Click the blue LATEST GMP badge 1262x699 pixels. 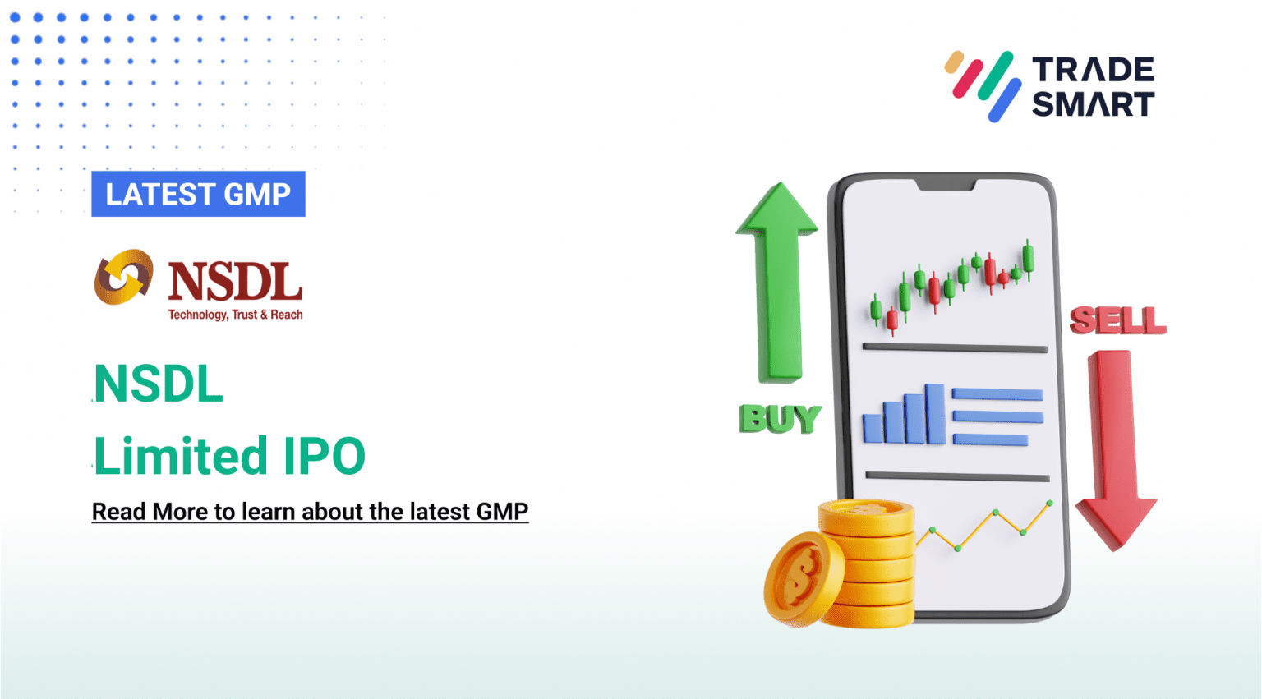pyautogui.click(x=198, y=194)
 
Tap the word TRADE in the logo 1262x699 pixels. pyautogui.click(x=1093, y=70)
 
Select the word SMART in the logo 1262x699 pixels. pyautogui.click(x=1093, y=105)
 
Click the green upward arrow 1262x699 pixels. pyautogui.click(x=777, y=279)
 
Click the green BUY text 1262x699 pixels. pyautogui.click(x=779, y=419)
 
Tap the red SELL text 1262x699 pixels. pyautogui.click(x=1117, y=320)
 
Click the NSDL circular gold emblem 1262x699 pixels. pyautogui.click(x=123, y=277)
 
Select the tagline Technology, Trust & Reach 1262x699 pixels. pyautogui.click(x=235, y=315)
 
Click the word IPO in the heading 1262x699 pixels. pyautogui.click(x=324, y=457)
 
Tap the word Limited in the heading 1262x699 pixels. pyautogui.click(x=181, y=457)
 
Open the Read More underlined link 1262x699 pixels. pyautogui.click(x=310, y=512)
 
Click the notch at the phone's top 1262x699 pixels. pyautogui.click(x=946, y=185)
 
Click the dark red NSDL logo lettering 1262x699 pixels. pyautogui.click(x=235, y=282)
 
